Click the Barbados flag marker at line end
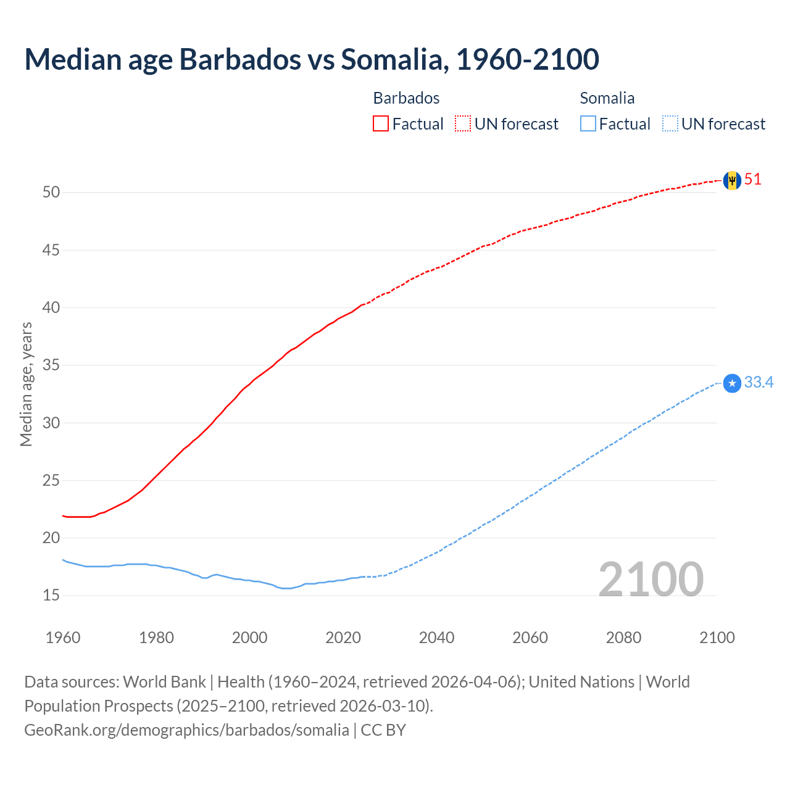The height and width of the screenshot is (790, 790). (732, 180)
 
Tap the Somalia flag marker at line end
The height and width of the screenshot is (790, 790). (732, 383)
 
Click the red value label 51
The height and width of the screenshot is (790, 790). (753, 180)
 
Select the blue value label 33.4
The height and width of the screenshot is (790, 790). (759, 383)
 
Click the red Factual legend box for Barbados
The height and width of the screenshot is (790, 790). (381, 123)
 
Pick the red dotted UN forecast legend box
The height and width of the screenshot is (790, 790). (463, 123)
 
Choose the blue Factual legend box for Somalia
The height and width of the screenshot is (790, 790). (588, 123)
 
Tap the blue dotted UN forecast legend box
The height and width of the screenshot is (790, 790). (670, 123)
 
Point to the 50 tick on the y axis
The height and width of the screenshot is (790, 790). (51, 193)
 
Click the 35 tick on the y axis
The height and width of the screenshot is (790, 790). (51, 365)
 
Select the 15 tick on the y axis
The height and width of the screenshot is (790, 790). (51, 596)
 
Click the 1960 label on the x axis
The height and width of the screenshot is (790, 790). (63, 638)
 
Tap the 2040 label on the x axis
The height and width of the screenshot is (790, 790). (436, 638)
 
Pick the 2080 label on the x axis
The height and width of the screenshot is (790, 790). (623, 638)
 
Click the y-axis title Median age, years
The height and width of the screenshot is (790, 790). (26, 384)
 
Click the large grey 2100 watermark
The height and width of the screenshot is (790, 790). (651, 579)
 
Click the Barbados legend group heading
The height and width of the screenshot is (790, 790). (406, 98)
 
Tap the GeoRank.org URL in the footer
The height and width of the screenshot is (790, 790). (186, 730)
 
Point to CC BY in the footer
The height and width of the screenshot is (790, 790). (383, 730)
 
